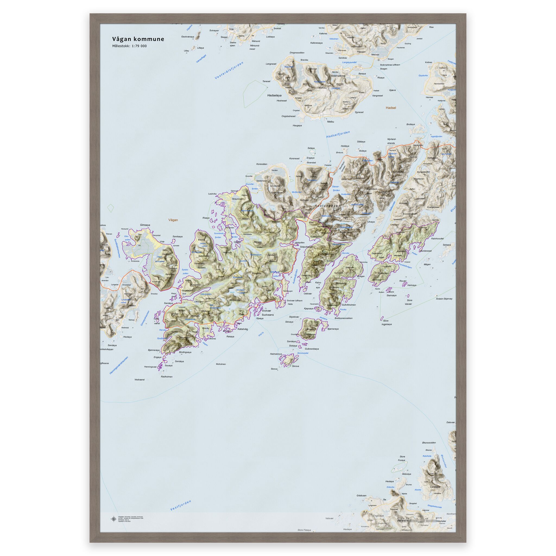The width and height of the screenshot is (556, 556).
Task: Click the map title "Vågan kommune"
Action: (138, 39)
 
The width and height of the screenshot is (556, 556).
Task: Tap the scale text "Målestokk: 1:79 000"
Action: (129, 46)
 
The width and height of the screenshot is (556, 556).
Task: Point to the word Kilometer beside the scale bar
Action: (441, 521)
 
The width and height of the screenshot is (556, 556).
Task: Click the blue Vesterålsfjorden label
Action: (229, 71)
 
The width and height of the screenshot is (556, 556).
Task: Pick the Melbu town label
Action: (331, 122)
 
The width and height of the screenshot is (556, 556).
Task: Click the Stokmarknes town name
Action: (338, 76)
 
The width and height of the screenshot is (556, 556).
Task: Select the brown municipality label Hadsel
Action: (391, 108)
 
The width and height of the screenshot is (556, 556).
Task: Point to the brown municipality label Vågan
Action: (173, 220)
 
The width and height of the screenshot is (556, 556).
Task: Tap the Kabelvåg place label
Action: (242, 329)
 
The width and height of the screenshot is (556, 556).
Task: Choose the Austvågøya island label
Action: (326, 206)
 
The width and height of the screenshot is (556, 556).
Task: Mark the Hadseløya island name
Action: (274, 95)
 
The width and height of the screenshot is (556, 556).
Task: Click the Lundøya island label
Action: (435, 487)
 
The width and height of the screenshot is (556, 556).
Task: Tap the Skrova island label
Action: (296, 366)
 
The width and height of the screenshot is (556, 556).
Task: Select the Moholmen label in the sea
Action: (221, 364)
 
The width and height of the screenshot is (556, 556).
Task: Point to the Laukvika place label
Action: (212, 194)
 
